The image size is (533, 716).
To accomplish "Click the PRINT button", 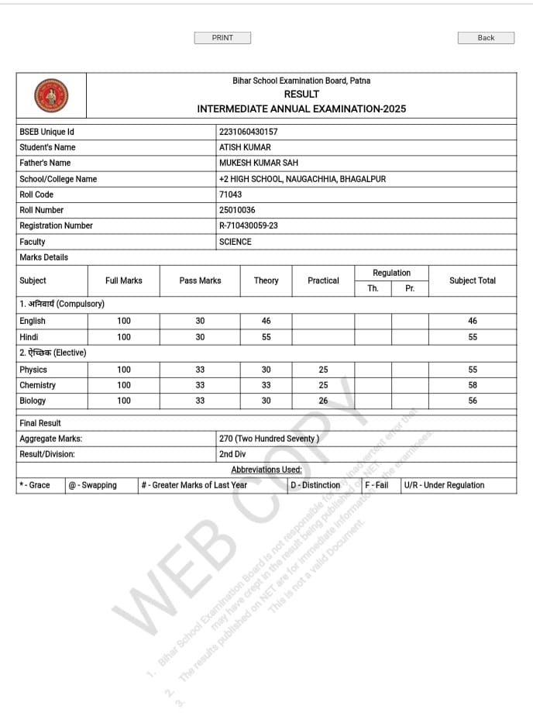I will pyautogui.click(x=222, y=37).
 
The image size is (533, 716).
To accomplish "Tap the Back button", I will pyautogui.click(x=486, y=37).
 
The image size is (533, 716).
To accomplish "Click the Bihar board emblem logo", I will pyautogui.click(x=51, y=95).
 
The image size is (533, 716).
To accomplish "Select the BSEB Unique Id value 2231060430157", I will pyautogui.click(x=249, y=132).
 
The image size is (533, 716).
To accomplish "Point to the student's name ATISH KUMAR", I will pyautogui.click(x=246, y=147).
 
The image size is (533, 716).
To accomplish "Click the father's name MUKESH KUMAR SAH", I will pyautogui.click(x=259, y=163).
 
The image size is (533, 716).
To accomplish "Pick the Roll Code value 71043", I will pyautogui.click(x=231, y=194).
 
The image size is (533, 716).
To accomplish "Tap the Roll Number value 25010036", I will pyautogui.click(x=238, y=210).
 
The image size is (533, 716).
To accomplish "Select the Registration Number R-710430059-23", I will pyautogui.click(x=249, y=225).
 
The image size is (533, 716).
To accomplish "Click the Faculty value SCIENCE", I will pyautogui.click(x=236, y=242).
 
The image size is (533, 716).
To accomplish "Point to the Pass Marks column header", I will pyautogui.click(x=200, y=281).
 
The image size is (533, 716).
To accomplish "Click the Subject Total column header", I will pyautogui.click(x=473, y=281).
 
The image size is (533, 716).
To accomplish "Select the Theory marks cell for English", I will pyautogui.click(x=266, y=321).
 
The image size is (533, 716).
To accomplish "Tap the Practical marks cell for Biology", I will pyautogui.click(x=323, y=401).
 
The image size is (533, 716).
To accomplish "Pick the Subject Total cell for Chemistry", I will pyautogui.click(x=473, y=385).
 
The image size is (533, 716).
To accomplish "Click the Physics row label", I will pyautogui.click(x=33, y=370).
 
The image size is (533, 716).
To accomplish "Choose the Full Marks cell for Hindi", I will pyautogui.click(x=124, y=337).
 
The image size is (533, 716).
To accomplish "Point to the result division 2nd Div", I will pyautogui.click(x=232, y=454).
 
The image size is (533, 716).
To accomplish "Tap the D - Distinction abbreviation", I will pyautogui.click(x=315, y=485).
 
